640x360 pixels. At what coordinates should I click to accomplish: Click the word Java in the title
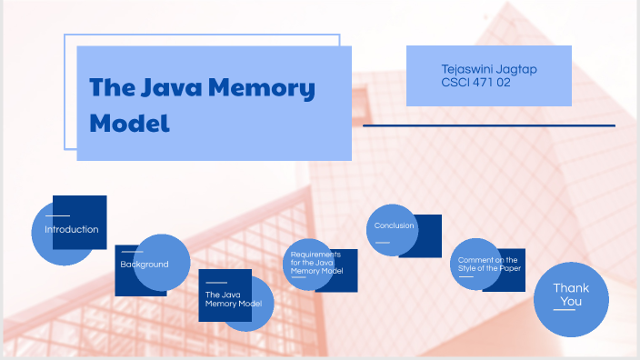(170, 88)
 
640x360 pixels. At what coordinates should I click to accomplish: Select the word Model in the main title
(130, 123)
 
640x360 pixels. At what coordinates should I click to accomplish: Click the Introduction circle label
(71, 229)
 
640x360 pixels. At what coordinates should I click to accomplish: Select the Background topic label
(145, 264)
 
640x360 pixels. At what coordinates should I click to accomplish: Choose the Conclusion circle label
(394, 225)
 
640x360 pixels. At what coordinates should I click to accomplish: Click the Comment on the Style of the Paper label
(487, 265)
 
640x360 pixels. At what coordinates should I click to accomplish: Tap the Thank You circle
(571, 295)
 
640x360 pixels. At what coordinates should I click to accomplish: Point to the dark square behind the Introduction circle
(91, 207)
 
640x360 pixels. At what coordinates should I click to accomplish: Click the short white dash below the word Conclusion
(382, 242)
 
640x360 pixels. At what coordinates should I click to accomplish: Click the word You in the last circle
(571, 302)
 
